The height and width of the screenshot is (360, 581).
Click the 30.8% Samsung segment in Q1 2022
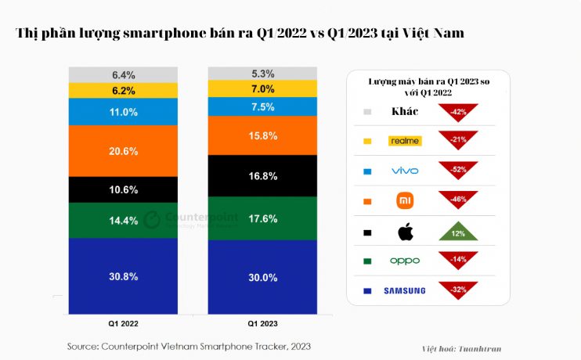(124, 276)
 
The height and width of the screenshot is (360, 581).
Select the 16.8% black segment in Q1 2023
(262, 176)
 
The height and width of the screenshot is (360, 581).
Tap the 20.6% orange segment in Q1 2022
(124, 150)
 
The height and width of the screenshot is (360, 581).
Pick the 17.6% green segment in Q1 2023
(262, 218)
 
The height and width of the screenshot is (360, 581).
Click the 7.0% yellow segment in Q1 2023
(262, 88)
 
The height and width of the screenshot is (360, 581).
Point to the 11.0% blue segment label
(124, 112)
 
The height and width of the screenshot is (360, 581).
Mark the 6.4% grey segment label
(124, 75)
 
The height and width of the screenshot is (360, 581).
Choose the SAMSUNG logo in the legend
(405, 290)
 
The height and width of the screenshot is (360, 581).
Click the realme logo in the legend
(405, 141)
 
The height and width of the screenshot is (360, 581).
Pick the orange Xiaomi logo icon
(405, 200)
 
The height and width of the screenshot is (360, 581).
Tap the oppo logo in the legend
(405, 261)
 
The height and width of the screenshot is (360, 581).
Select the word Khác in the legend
(405, 111)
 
